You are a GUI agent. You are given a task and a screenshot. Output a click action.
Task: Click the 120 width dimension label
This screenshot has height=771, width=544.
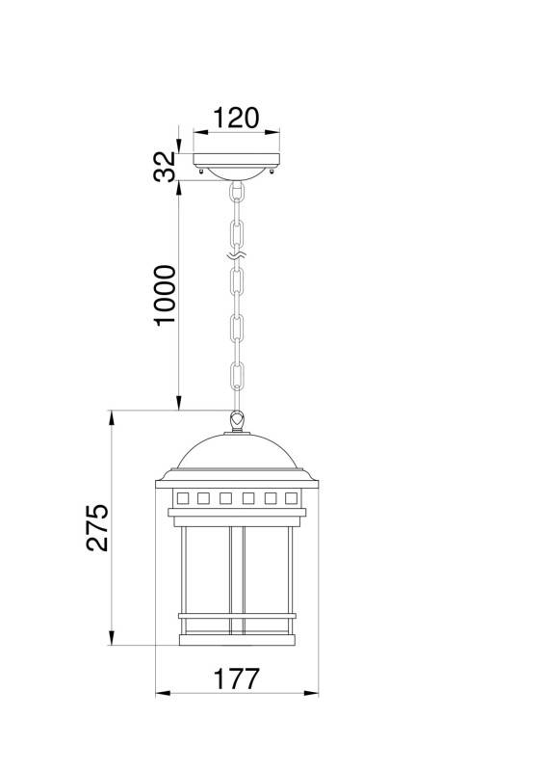click(x=236, y=119)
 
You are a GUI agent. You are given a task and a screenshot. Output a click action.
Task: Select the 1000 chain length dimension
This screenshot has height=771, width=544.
click(x=166, y=294)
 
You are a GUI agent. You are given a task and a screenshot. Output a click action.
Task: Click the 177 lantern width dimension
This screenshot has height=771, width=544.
click(x=236, y=678)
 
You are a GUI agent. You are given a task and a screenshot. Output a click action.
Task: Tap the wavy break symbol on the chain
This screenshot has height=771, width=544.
click(x=236, y=256)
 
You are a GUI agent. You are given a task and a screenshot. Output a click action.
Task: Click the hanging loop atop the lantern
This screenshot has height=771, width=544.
click(x=236, y=420)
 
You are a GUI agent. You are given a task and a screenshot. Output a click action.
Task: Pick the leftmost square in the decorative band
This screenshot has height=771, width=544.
click(x=181, y=498)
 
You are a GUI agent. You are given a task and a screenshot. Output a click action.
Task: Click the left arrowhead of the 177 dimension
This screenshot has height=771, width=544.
click(x=161, y=693)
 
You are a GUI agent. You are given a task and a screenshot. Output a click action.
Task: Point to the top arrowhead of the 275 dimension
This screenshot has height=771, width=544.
click(x=114, y=416)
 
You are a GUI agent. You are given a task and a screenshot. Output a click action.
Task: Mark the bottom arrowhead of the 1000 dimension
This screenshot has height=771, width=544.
click(x=179, y=404)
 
